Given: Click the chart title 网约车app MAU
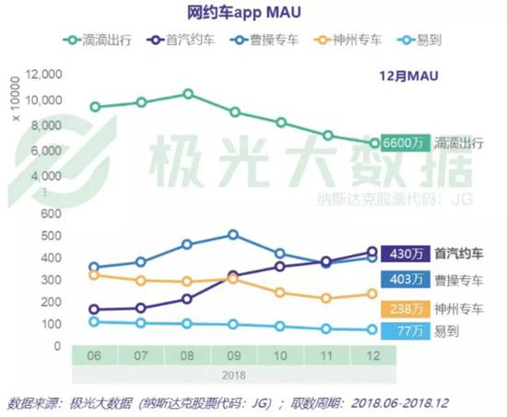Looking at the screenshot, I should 243,14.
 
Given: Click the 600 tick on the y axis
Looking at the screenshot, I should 50,213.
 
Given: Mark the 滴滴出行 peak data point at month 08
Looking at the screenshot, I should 187,94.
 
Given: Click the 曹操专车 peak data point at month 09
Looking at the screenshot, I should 233,235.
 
